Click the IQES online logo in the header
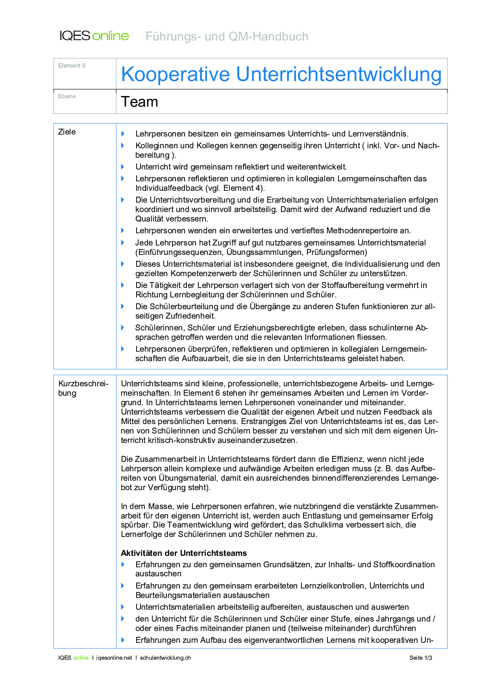pos(94,36)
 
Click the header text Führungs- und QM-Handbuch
pos(227,37)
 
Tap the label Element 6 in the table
pos(72,66)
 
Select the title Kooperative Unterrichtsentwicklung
pos(281,74)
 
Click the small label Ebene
pos(67,96)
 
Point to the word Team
pos(139,102)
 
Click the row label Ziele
pos(67,132)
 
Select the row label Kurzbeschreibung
pos(83,388)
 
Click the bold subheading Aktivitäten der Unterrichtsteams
pos(184,553)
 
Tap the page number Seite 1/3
pos(420,658)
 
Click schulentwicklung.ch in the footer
pos(165,658)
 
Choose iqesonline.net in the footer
pos(114,658)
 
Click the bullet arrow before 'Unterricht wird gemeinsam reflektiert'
pos(123,167)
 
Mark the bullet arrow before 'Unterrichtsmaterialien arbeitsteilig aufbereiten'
pos(123,607)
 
